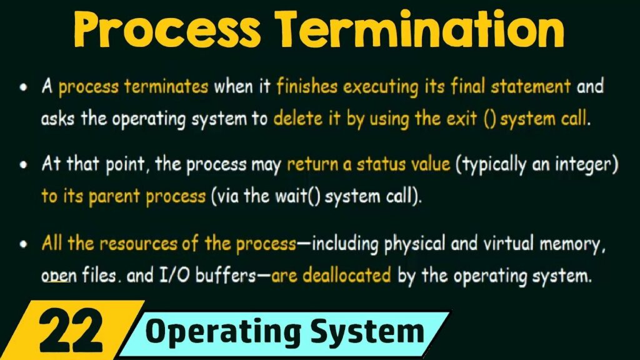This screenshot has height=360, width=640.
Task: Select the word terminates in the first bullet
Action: pos(167,86)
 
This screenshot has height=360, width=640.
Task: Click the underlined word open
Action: pos(56,276)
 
